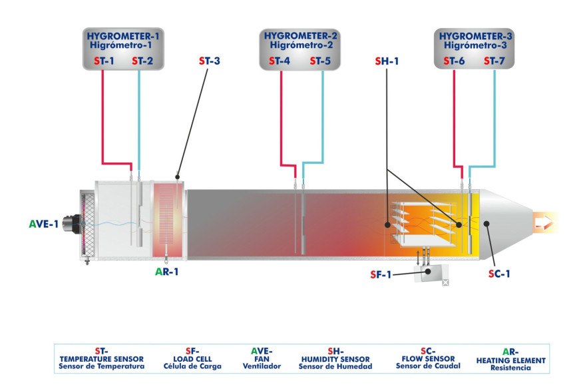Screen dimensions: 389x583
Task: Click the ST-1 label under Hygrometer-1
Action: [104, 61]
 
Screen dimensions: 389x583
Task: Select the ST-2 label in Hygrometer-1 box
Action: [142, 61]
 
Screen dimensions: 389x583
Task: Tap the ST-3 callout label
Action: [210, 61]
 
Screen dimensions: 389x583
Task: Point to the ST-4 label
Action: [280, 61]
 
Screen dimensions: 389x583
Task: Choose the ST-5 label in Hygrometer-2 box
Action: [321, 61]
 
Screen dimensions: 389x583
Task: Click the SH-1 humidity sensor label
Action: [387, 61]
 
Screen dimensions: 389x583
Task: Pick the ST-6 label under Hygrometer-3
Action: [455, 61]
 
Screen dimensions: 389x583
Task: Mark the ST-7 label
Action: [494, 61]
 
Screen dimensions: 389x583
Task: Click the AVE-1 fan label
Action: [43, 223]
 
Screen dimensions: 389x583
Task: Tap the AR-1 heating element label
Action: [167, 272]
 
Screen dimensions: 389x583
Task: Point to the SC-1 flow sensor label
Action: [500, 273]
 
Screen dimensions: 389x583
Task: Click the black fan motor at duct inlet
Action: [70, 224]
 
